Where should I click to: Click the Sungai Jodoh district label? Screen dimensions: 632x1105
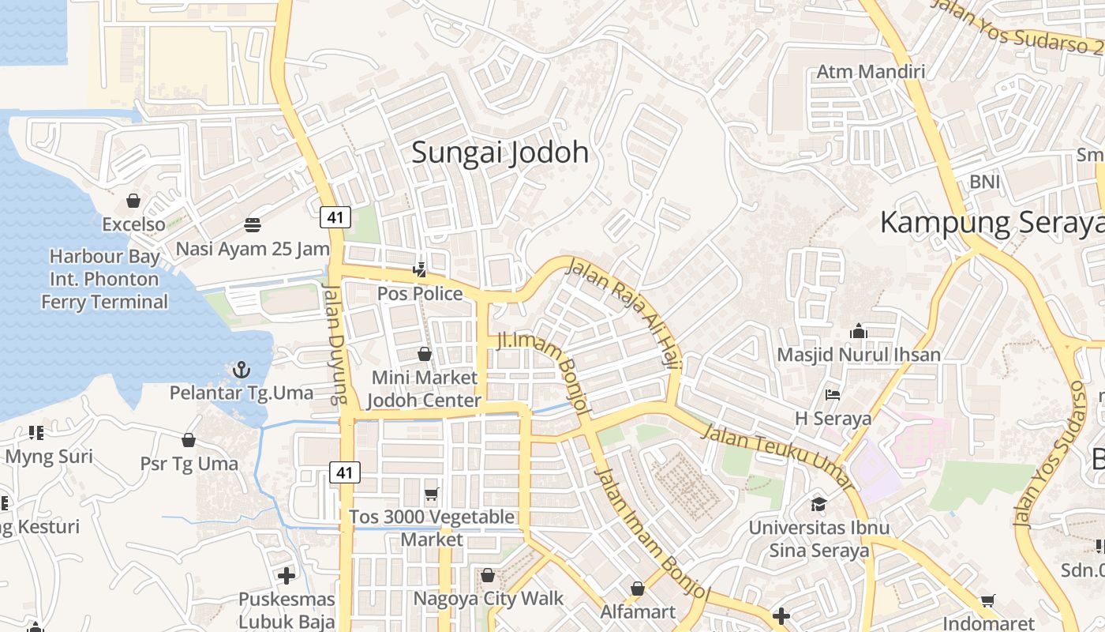pyautogui.click(x=500, y=152)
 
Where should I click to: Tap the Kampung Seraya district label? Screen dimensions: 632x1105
pyautogui.click(x=991, y=223)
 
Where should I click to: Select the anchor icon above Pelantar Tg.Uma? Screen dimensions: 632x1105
pyautogui.click(x=241, y=370)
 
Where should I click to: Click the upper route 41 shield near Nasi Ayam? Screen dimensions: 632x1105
pyautogui.click(x=335, y=217)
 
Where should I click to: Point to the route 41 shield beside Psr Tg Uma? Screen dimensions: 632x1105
pyautogui.click(x=345, y=472)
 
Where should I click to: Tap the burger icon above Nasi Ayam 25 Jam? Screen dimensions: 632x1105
pyautogui.click(x=253, y=225)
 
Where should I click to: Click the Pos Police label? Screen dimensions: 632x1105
pyautogui.click(x=420, y=294)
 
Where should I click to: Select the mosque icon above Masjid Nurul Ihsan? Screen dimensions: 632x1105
pyautogui.click(x=859, y=331)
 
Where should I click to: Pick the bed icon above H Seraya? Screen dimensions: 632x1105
pyautogui.click(x=833, y=394)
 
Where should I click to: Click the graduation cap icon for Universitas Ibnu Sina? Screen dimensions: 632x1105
pyautogui.click(x=819, y=504)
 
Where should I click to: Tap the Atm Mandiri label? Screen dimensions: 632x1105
pyautogui.click(x=871, y=72)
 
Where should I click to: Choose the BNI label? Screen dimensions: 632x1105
pyautogui.click(x=984, y=182)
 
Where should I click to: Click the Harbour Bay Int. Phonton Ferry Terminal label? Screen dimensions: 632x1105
pyautogui.click(x=104, y=279)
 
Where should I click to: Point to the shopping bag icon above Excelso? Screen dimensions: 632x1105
pyautogui.click(x=133, y=201)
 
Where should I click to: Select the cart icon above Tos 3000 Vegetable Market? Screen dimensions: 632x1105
pyautogui.click(x=431, y=495)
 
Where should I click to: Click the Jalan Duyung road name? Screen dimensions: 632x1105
pyautogui.click(x=334, y=345)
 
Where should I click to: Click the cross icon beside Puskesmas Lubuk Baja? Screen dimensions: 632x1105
pyautogui.click(x=287, y=576)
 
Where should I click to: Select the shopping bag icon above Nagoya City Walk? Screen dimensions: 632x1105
pyautogui.click(x=488, y=575)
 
